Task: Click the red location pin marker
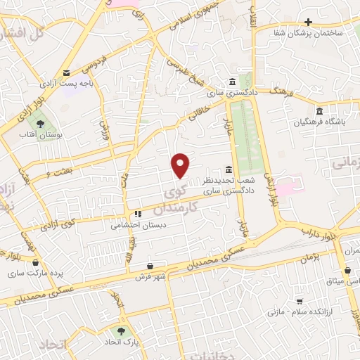181,165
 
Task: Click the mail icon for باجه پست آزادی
67,72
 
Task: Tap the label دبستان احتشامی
139,226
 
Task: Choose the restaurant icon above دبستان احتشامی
139,214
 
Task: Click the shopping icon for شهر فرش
150,265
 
